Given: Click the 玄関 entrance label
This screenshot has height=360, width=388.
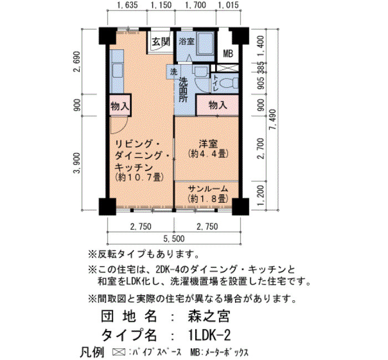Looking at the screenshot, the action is pos(161,42).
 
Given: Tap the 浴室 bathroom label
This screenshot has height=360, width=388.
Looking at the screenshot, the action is pos(187,42).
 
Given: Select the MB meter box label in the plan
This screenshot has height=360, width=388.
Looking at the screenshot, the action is pos(228,53).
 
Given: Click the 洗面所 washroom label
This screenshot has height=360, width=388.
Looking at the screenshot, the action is pos(183,90).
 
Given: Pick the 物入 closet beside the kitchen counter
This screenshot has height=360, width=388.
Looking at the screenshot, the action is pos(120,106).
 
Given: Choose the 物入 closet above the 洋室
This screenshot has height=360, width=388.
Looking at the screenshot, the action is pos(218,105).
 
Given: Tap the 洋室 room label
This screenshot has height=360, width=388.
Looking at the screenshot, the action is pos(208,144).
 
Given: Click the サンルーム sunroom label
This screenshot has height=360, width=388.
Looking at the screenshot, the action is pos(208,189).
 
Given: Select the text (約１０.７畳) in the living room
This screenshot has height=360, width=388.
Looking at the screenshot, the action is pos(139,177).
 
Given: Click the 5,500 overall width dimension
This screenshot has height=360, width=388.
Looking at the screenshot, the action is pos(174,239).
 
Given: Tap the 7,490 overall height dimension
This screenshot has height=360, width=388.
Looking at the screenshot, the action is pos(274,120).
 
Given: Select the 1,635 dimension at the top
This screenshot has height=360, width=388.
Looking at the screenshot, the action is pos(127,5).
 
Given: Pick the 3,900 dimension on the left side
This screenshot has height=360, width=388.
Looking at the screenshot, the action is pos(76,163).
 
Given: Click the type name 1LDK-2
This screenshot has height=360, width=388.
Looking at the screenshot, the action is pos(209,336).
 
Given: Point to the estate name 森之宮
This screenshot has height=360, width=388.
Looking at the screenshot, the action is pos(209,316).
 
